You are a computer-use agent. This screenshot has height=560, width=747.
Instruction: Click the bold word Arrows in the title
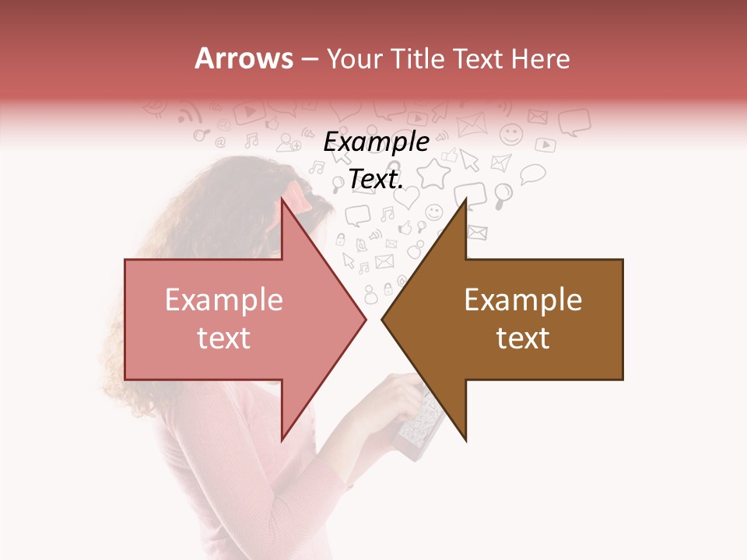tap(244, 58)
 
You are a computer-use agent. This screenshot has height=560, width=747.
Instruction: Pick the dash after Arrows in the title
tap(309, 60)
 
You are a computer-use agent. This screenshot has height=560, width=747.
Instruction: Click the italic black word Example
tap(376, 142)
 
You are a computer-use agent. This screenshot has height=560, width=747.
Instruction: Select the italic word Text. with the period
tap(376, 179)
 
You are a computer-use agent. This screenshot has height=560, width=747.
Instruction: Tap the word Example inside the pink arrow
tap(223, 300)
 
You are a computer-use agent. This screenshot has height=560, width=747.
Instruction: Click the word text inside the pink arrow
tap(223, 338)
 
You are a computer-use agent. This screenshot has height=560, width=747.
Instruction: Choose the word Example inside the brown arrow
tap(523, 300)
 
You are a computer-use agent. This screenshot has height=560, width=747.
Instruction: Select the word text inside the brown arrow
tap(523, 338)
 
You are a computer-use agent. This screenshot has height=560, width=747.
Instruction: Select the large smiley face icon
tap(511, 135)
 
